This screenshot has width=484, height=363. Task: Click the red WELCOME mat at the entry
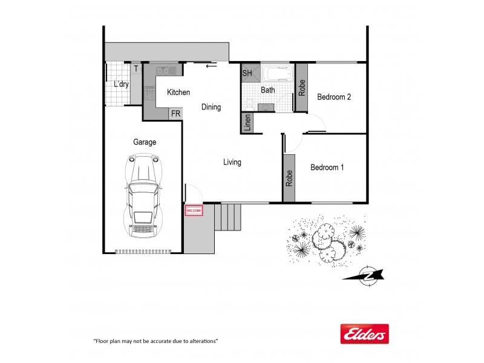click(194, 211)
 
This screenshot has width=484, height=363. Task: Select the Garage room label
click(145, 142)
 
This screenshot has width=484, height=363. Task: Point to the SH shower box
click(247, 73)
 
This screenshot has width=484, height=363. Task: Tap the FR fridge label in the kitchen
click(175, 114)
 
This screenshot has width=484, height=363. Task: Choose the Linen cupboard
click(247, 123)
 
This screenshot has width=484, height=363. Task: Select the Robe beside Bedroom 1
click(289, 177)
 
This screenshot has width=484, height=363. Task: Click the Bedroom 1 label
click(327, 168)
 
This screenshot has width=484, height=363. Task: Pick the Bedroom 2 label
click(334, 97)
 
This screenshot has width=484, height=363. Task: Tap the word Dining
click(211, 107)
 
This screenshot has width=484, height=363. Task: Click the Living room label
click(232, 162)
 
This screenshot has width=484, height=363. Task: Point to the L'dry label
click(121, 85)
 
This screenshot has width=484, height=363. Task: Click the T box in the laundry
click(136, 68)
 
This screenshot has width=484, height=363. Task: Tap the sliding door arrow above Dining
click(211, 66)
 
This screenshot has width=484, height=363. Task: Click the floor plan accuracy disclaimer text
click(155, 341)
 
